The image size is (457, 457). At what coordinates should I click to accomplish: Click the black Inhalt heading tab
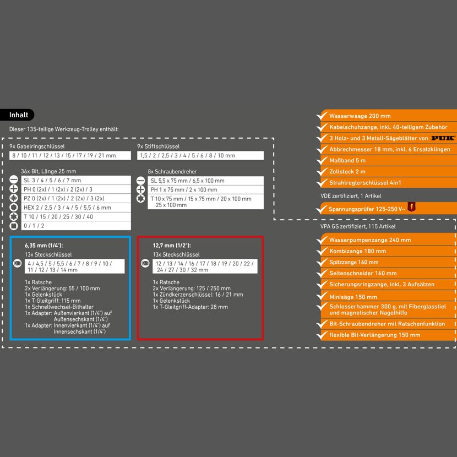(x=17, y=115)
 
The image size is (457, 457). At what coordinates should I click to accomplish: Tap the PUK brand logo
(x=443, y=138)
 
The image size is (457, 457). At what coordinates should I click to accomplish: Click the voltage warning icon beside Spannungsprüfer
(x=411, y=207)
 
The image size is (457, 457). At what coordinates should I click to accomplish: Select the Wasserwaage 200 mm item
(x=360, y=116)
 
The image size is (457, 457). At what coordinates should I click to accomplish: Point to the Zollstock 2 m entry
(x=347, y=172)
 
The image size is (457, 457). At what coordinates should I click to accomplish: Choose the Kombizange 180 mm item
(x=357, y=251)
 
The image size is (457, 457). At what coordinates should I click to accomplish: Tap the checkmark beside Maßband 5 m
(x=322, y=160)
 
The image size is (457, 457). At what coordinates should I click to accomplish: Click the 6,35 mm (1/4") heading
(x=43, y=246)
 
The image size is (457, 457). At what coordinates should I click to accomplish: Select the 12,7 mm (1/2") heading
(x=172, y=246)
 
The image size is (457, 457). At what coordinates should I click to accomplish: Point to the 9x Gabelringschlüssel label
(x=37, y=146)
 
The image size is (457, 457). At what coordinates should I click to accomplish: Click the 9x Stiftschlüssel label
(x=158, y=146)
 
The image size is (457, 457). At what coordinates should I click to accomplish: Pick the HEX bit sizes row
(x=76, y=208)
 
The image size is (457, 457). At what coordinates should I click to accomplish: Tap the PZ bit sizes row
(x=76, y=198)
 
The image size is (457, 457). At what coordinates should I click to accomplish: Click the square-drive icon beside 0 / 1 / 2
(x=14, y=226)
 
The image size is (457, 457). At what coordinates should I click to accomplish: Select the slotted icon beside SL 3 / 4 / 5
(x=14, y=180)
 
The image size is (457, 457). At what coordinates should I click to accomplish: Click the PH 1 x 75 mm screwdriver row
(x=205, y=190)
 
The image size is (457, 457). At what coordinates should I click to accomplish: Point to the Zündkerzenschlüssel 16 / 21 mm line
(x=198, y=295)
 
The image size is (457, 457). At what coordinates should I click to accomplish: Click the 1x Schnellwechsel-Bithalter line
(x=59, y=307)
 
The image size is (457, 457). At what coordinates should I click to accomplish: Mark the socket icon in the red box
(x=145, y=264)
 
